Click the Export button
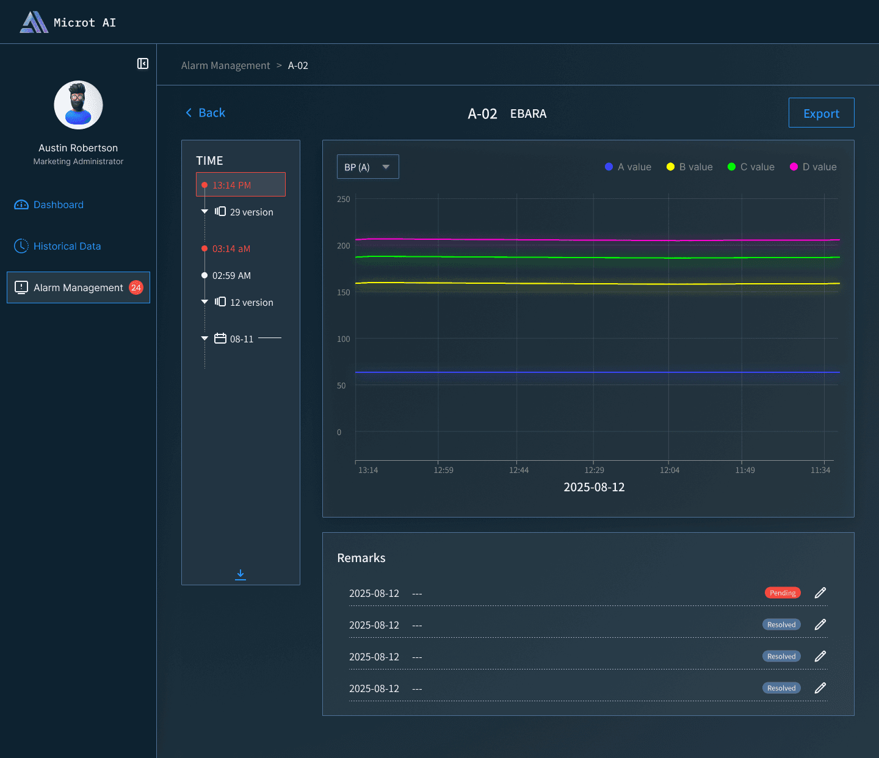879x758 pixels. [x=821, y=113]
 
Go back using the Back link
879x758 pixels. [x=205, y=113]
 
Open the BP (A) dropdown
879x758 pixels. [x=367, y=167]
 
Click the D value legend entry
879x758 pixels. [x=812, y=167]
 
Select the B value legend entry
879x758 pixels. [x=689, y=167]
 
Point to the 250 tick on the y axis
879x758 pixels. [x=343, y=199]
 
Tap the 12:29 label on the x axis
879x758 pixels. [x=594, y=470]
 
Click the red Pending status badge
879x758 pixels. [x=783, y=593]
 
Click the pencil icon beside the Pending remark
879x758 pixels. [x=820, y=593]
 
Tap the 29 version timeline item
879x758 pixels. [x=244, y=212]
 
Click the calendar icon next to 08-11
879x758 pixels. [x=220, y=338]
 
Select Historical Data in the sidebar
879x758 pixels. [x=57, y=246]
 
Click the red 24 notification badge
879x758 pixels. [x=136, y=288]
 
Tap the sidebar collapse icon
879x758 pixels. [x=142, y=63]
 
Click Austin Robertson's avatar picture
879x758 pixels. [x=78, y=105]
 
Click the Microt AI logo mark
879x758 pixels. [x=34, y=22]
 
